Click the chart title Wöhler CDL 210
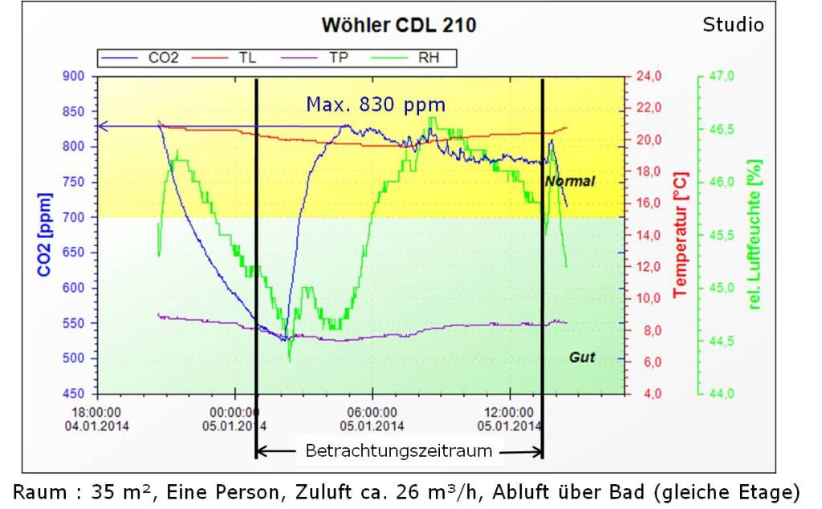(x=398, y=25)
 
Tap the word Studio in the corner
(x=733, y=25)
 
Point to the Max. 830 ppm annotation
(x=376, y=104)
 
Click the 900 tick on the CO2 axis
(x=74, y=76)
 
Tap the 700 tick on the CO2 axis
(x=74, y=217)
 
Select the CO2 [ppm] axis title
(x=44, y=234)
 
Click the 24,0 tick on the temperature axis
(x=649, y=76)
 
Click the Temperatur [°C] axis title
(x=681, y=234)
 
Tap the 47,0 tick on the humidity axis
(x=722, y=76)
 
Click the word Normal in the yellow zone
(x=570, y=181)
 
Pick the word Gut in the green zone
(x=582, y=357)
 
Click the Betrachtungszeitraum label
(x=399, y=450)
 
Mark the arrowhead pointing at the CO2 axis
(x=101, y=126)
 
